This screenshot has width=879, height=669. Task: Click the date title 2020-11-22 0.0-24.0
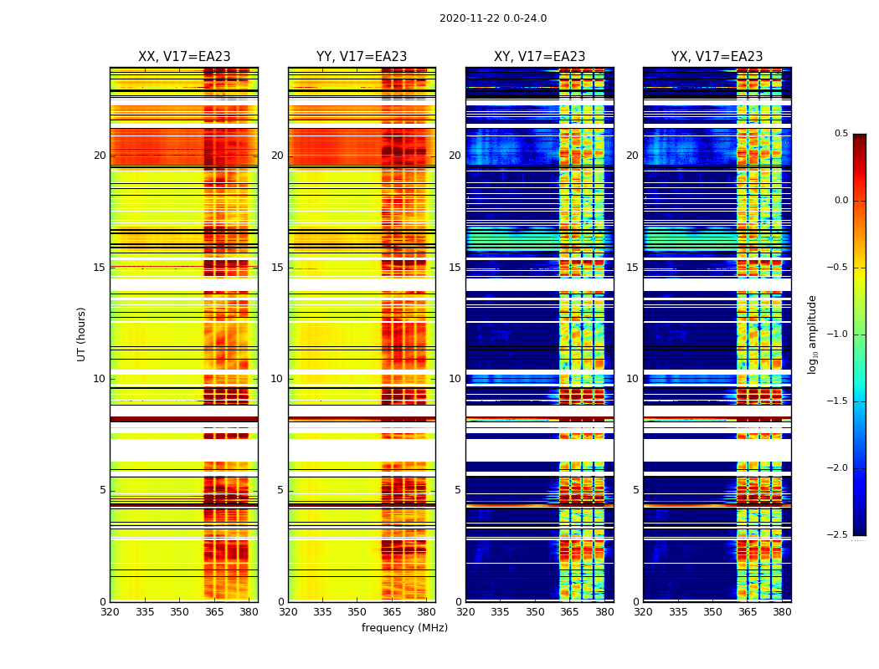click(x=493, y=18)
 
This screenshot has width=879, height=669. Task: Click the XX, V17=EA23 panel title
click(x=184, y=57)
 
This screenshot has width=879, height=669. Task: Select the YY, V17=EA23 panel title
click(x=362, y=57)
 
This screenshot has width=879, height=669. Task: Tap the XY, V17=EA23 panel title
click(x=540, y=57)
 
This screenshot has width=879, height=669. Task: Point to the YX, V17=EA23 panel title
click(x=717, y=57)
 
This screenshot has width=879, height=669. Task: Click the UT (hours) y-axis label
click(x=81, y=334)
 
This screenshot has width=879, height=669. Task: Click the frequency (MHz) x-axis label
click(x=404, y=628)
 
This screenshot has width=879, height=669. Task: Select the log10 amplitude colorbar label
click(x=812, y=334)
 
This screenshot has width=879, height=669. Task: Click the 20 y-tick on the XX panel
click(x=100, y=156)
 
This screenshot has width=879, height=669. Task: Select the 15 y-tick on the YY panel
click(x=277, y=268)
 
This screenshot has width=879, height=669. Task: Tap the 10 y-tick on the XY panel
click(x=455, y=379)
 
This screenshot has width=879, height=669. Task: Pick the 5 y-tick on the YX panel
click(x=635, y=490)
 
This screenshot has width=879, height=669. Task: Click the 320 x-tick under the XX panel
click(x=110, y=611)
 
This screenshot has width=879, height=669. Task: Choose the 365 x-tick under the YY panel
click(x=392, y=611)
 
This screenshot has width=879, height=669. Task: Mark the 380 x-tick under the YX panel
click(x=782, y=611)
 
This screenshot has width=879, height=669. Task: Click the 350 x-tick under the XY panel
click(x=535, y=611)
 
